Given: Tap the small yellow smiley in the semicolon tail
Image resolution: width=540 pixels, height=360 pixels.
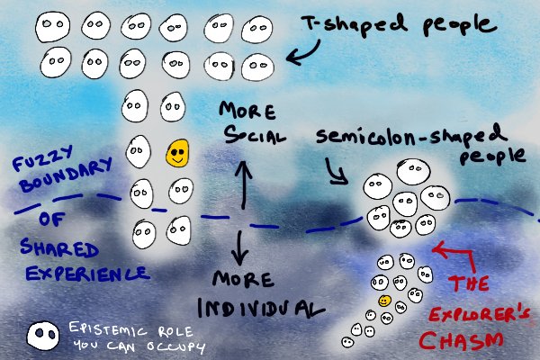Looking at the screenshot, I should [x=384, y=300].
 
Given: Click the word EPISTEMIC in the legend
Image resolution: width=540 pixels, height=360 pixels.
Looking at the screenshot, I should [x=99, y=329].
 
